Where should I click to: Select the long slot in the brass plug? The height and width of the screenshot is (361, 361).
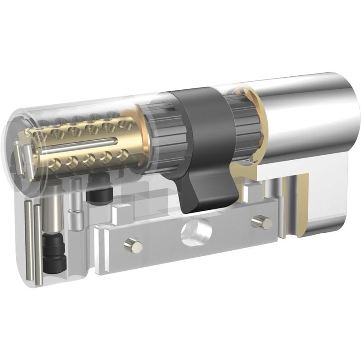click(77, 145)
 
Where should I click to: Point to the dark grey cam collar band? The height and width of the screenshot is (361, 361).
click(203, 117)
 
